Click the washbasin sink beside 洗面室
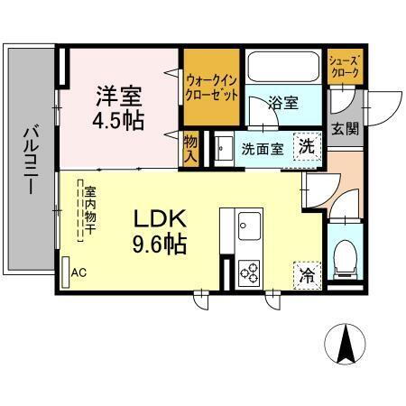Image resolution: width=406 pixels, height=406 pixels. coord(221,146)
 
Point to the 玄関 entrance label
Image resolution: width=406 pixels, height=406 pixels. coord(343,127)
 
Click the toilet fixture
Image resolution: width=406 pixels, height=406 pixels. coord(343,258)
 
